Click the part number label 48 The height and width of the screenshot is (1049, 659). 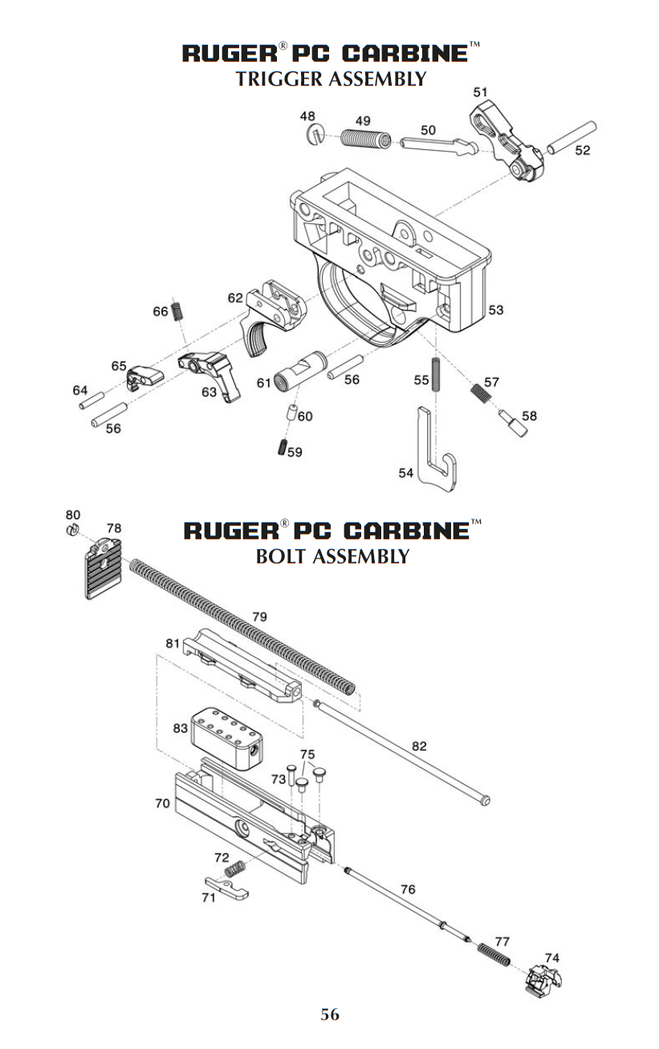(307, 116)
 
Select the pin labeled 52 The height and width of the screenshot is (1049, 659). (572, 136)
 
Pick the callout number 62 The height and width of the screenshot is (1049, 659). (234, 298)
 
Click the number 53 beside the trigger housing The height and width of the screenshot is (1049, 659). (496, 309)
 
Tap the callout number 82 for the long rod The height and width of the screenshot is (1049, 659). (419, 746)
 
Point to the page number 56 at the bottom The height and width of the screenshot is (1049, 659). (330, 1014)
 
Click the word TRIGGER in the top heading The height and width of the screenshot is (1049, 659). (278, 79)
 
